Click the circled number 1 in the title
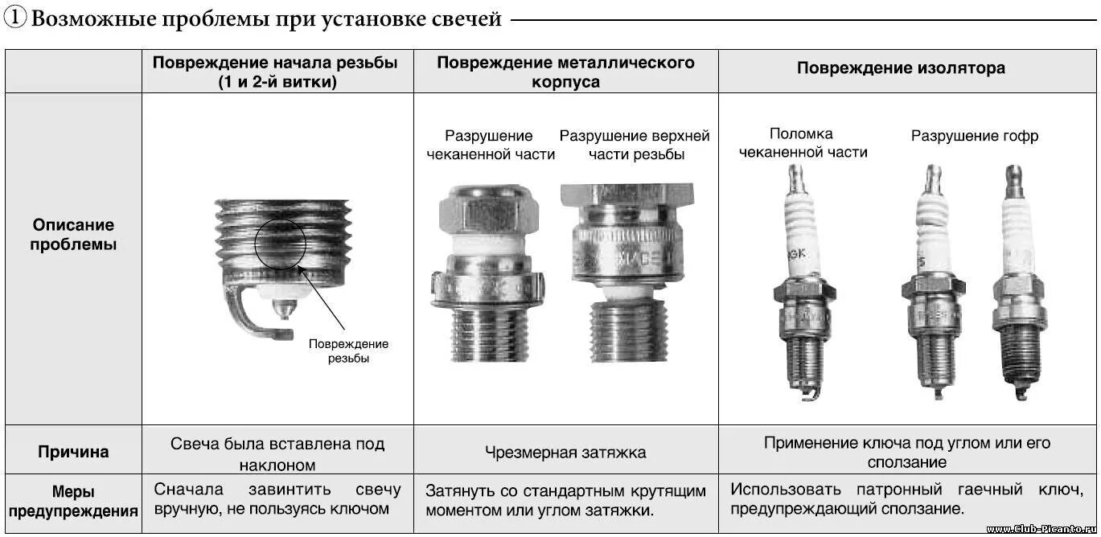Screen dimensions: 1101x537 pyautogui.click(x=15, y=18)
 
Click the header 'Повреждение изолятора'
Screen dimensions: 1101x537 pyautogui.click(x=901, y=69)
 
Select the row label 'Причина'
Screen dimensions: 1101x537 pyautogui.click(x=73, y=452)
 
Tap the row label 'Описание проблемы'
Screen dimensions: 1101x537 pyautogui.click(x=73, y=235)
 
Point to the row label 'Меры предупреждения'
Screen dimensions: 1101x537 pyautogui.click(x=73, y=501)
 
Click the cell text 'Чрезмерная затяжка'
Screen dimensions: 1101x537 pyautogui.click(x=565, y=453)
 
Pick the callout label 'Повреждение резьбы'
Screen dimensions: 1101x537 pyautogui.click(x=348, y=351)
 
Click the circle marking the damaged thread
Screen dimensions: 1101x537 pyautogui.click(x=281, y=240)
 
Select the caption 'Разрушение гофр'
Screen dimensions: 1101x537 pyautogui.click(x=974, y=137)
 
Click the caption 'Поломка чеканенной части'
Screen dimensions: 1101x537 pyautogui.click(x=802, y=143)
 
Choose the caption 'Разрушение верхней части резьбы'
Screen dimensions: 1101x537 pyautogui.click(x=635, y=145)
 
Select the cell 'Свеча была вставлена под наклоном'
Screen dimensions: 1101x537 pyautogui.click(x=277, y=453)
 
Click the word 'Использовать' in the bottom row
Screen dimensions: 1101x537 pyautogui.click(x=775, y=490)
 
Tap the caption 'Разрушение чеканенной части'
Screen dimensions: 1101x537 pyautogui.click(x=490, y=145)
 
